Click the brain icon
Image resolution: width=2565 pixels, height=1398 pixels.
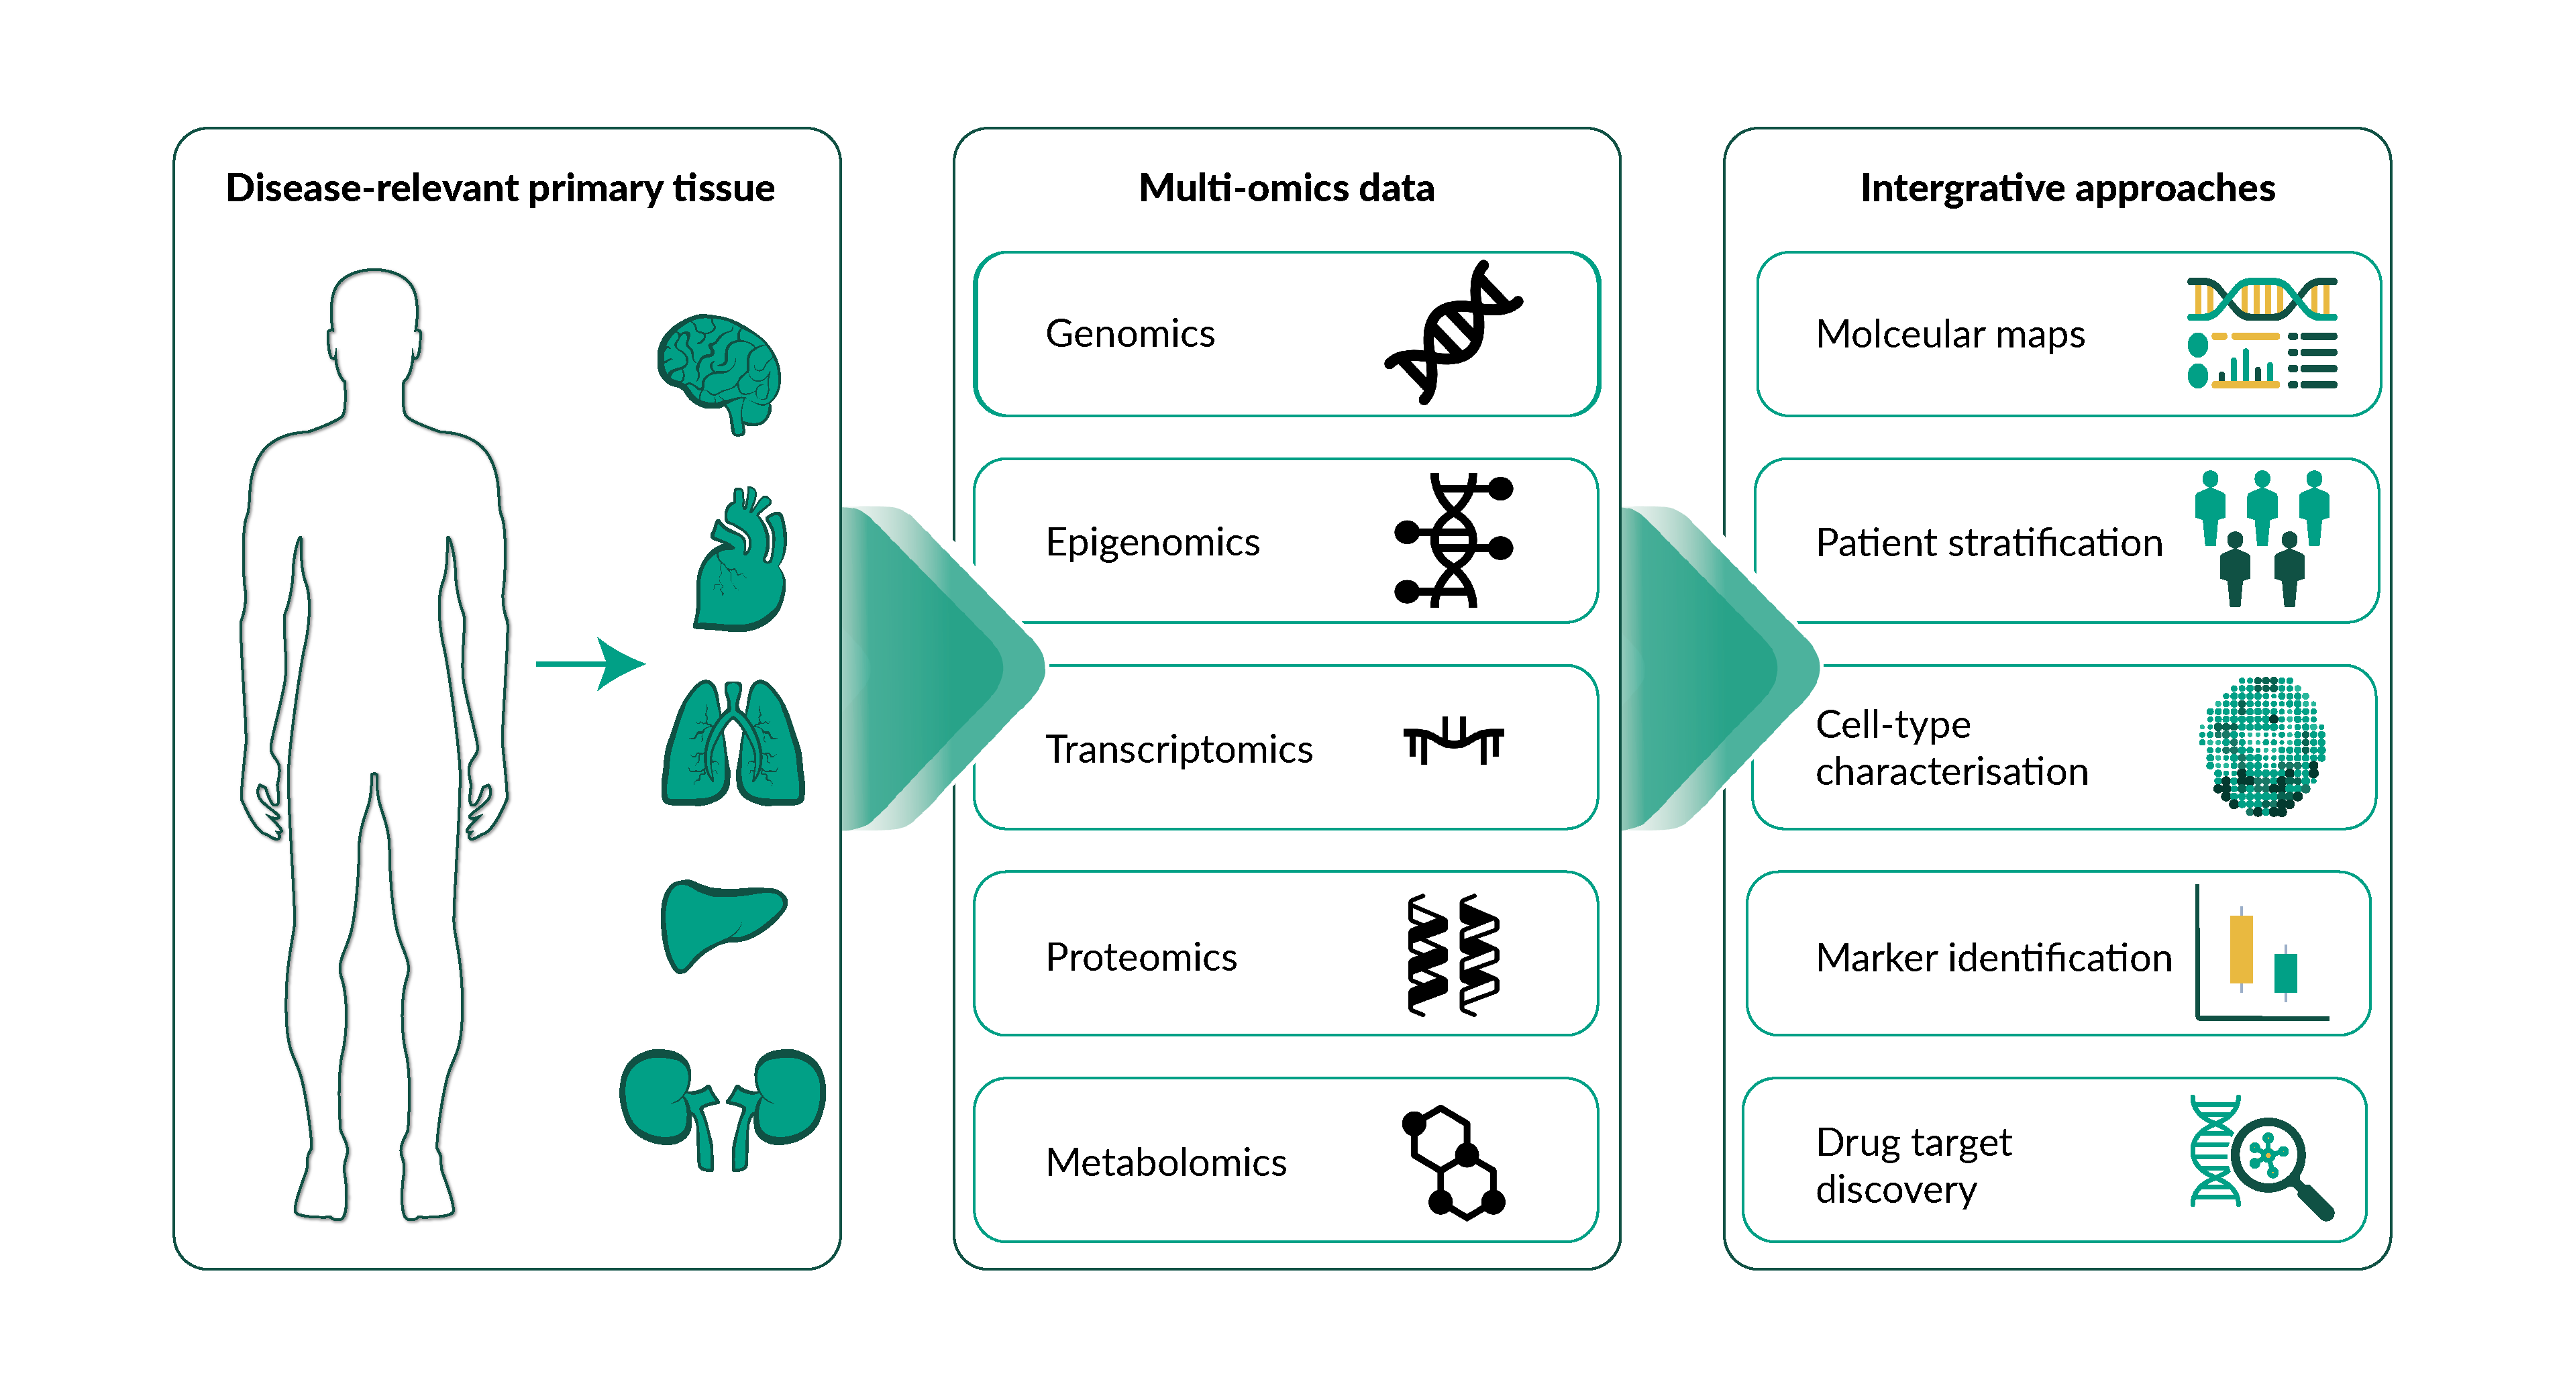719,370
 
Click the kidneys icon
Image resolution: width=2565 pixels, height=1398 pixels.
723,1106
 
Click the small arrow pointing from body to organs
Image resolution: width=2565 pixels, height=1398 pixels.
590,663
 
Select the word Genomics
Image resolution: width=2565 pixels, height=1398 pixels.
1129,333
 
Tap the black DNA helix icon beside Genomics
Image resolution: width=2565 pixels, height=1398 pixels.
1454,333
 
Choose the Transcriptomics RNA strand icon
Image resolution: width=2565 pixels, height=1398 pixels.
1454,742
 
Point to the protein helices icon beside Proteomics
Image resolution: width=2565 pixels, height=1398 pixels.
1454,956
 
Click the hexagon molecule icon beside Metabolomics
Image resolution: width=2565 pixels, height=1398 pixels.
1454,1162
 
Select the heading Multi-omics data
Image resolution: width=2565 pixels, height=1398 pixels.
1286,189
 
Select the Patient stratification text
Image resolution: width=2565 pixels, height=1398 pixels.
1989,543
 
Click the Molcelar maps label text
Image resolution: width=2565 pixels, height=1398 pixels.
1950,335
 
